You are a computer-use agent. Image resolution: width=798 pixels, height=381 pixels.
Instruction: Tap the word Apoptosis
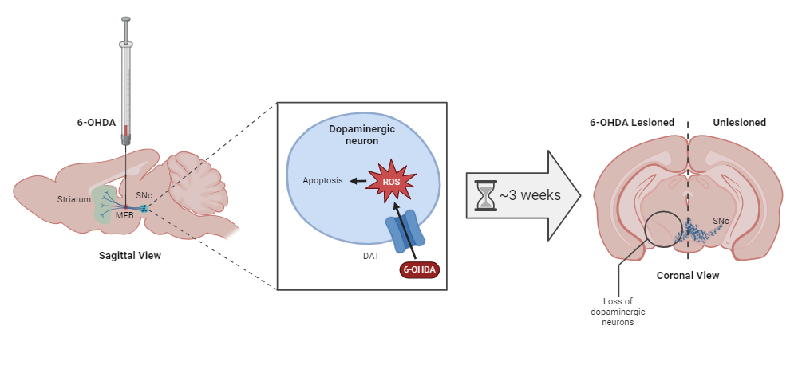322,181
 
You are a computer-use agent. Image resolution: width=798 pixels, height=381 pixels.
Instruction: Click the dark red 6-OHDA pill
419,269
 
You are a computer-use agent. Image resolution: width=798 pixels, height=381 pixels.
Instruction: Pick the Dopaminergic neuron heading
361,134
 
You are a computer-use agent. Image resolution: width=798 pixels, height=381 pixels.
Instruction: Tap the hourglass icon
484,195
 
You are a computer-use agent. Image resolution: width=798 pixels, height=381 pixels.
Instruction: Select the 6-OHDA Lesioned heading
632,123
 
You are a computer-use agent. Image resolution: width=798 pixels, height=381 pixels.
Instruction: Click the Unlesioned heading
739,123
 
